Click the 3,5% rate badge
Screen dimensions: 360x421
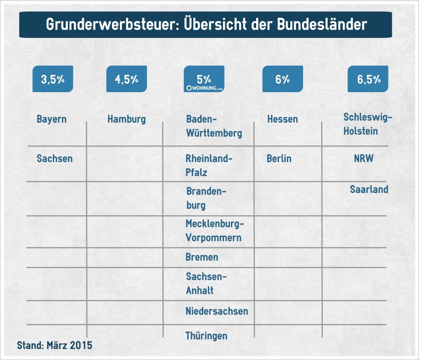point(53,79)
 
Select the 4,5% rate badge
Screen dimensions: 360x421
point(127,79)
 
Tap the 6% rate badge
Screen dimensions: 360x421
point(282,79)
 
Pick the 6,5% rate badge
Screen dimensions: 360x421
point(368,79)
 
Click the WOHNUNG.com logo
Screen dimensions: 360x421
point(204,88)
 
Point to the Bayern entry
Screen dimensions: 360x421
point(51,119)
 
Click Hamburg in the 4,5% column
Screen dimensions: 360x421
point(127,119)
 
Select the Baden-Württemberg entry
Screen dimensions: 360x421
point(214,126)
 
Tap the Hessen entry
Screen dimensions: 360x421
point(282,119)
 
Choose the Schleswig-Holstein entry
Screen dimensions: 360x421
point(368,125)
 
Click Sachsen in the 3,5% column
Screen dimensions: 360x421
point(54,158)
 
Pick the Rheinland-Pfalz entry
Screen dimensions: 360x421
point(209,165)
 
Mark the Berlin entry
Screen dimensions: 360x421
point(279,158)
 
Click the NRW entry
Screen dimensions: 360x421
point(364,158)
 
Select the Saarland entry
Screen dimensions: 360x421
point(369,189)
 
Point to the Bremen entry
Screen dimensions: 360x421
point(202,258)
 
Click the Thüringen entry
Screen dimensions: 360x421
point(206,336)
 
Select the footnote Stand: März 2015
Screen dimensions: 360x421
point(55,345)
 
